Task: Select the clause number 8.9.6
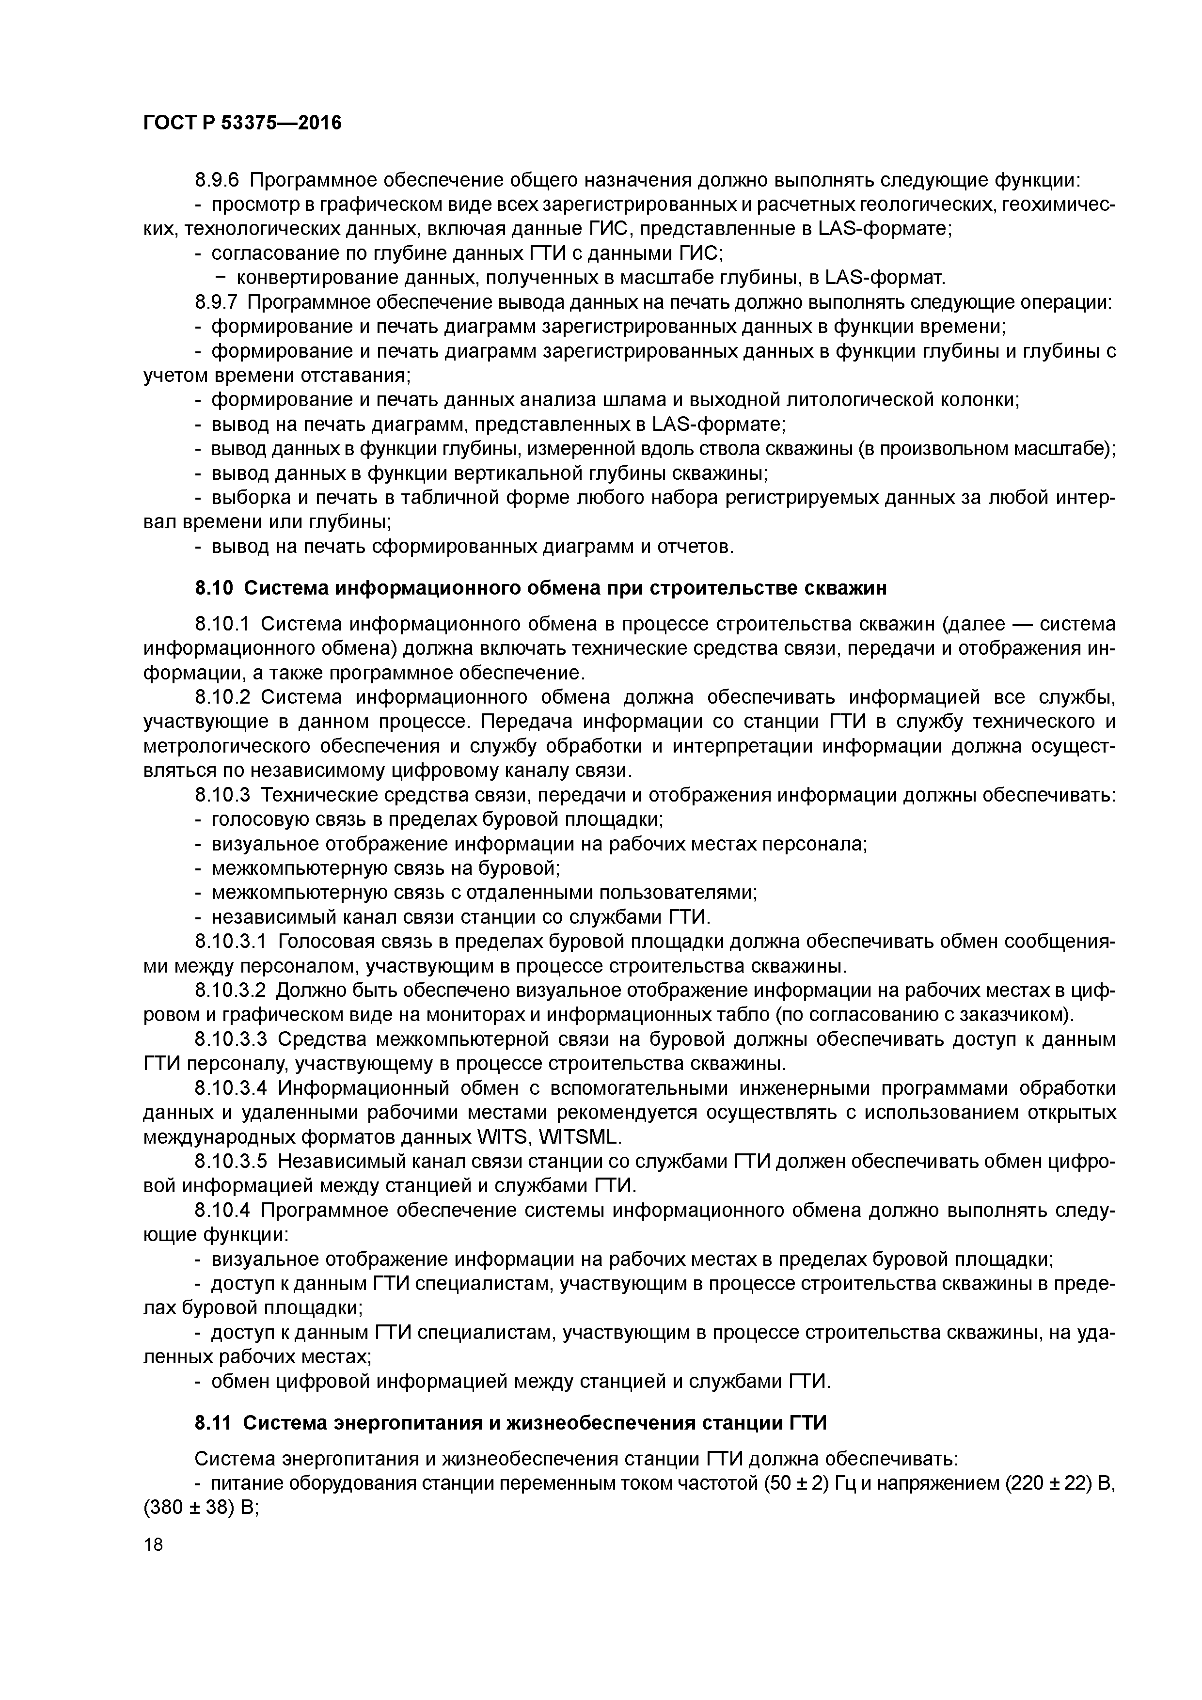[218, 180]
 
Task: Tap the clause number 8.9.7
[218, 302]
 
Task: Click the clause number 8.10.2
[223, 697]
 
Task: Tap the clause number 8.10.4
[223, 1210]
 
